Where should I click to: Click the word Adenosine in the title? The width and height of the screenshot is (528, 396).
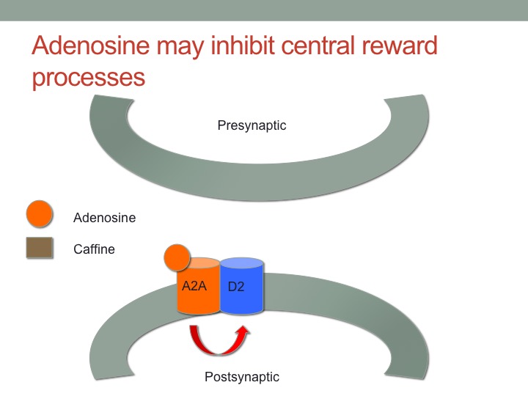(91, 45)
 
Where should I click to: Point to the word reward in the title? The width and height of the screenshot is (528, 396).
(400, 45)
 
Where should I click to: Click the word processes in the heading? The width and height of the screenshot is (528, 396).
(89, 78)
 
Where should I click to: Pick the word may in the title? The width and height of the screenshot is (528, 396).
(180, 47)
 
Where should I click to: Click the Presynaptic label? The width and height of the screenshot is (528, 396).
(252, 125)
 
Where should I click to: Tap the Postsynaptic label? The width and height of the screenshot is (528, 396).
(242, 377)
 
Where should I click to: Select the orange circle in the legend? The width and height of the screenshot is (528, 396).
(40, 214)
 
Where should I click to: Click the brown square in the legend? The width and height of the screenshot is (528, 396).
(40, 248)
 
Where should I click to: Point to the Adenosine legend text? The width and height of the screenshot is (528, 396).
(105, 218)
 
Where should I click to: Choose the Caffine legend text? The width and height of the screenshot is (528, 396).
(95, 249)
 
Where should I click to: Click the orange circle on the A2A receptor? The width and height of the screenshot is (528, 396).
(177, 257)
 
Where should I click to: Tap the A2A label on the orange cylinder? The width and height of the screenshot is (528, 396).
(194, 286)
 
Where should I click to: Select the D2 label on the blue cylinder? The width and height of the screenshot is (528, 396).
(236, 287)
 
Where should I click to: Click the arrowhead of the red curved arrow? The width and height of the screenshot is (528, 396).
(243, 331)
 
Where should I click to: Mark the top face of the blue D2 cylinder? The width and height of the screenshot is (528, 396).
(241, 263)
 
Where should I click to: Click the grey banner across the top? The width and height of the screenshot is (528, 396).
(264, 10)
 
